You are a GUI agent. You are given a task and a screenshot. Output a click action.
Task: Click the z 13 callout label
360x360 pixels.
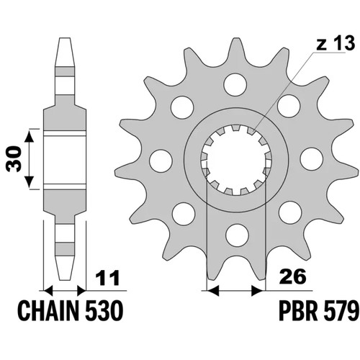336,43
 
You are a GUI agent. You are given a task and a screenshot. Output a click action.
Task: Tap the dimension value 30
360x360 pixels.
14,159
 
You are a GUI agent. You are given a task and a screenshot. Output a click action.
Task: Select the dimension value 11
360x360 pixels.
107,278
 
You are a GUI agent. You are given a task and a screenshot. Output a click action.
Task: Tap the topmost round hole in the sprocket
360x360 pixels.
235,85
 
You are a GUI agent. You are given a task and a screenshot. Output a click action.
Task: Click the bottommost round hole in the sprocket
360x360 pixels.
237,235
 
